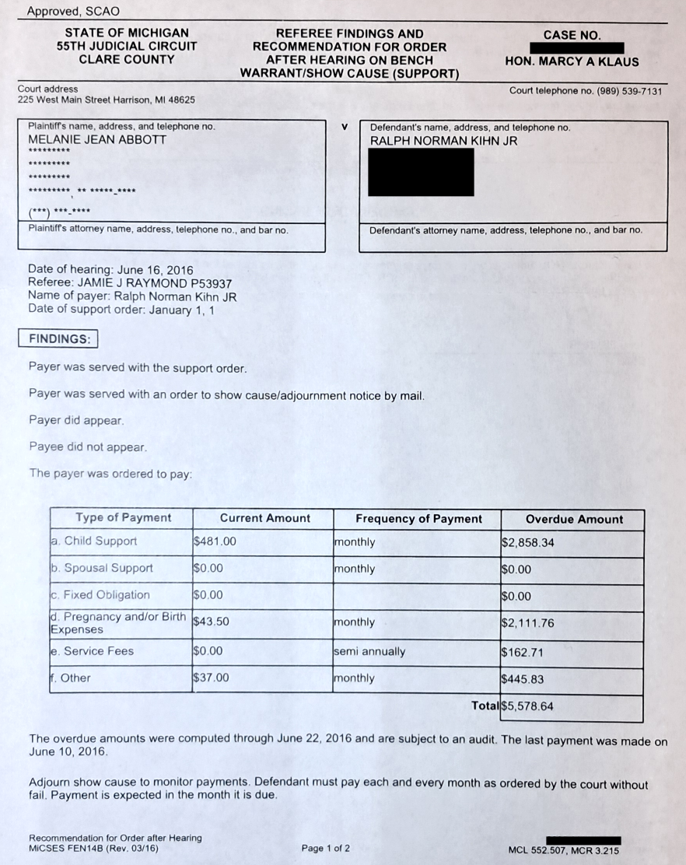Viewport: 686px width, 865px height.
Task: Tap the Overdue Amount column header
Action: pyautogui.click(x=574, y=519)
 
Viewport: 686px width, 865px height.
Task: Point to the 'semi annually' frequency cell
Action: pyautogui.click(x=369, y=651)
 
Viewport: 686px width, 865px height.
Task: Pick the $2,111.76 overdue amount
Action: pyautogui.click(x=527, y=623)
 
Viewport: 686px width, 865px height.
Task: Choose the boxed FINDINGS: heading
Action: pyautogui.click(x=58, y=339)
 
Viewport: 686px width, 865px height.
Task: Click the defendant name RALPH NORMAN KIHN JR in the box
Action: pyautogui.click(x=443, y=141)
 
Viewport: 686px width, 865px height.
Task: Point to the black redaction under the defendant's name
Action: pyautogui.click(x=420, y=172)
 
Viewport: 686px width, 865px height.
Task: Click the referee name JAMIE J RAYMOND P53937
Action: pyautogui.click(x=142, y=283)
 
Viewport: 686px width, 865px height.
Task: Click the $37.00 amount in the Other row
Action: pyautogui.click(x=212, y=678)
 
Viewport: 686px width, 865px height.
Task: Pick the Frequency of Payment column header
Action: pyautogui.click(x=418, y=519)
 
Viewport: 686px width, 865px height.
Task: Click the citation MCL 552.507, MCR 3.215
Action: pyautogui.click(x=563, y=851)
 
